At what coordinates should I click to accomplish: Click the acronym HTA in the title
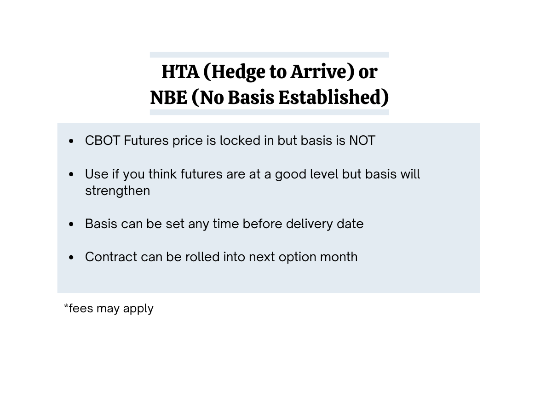(x=180, y=72)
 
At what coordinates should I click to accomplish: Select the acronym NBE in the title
(x=169, y=98)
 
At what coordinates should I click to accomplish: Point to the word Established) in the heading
(x=333, y=98)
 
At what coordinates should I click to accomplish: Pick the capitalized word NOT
(x=362, y=140)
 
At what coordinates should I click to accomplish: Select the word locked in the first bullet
(x=240, y=140)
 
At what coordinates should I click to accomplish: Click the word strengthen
(x=117, y=191)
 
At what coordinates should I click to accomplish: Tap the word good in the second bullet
(x=290, y=174)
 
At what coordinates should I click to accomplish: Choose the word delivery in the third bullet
(x=309, y=224)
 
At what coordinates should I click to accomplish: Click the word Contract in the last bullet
(x=111, y=257)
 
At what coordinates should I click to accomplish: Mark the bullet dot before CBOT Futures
(x=71, y=141)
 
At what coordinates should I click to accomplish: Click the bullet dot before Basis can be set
(x=71, y=224)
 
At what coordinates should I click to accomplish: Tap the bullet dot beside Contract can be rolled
(x=71, y=258)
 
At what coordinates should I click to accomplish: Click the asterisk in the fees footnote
(x=66, y=305)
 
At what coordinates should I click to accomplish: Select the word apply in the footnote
(x=138, y=309)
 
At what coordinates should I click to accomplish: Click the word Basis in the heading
(x=251, y=98)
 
